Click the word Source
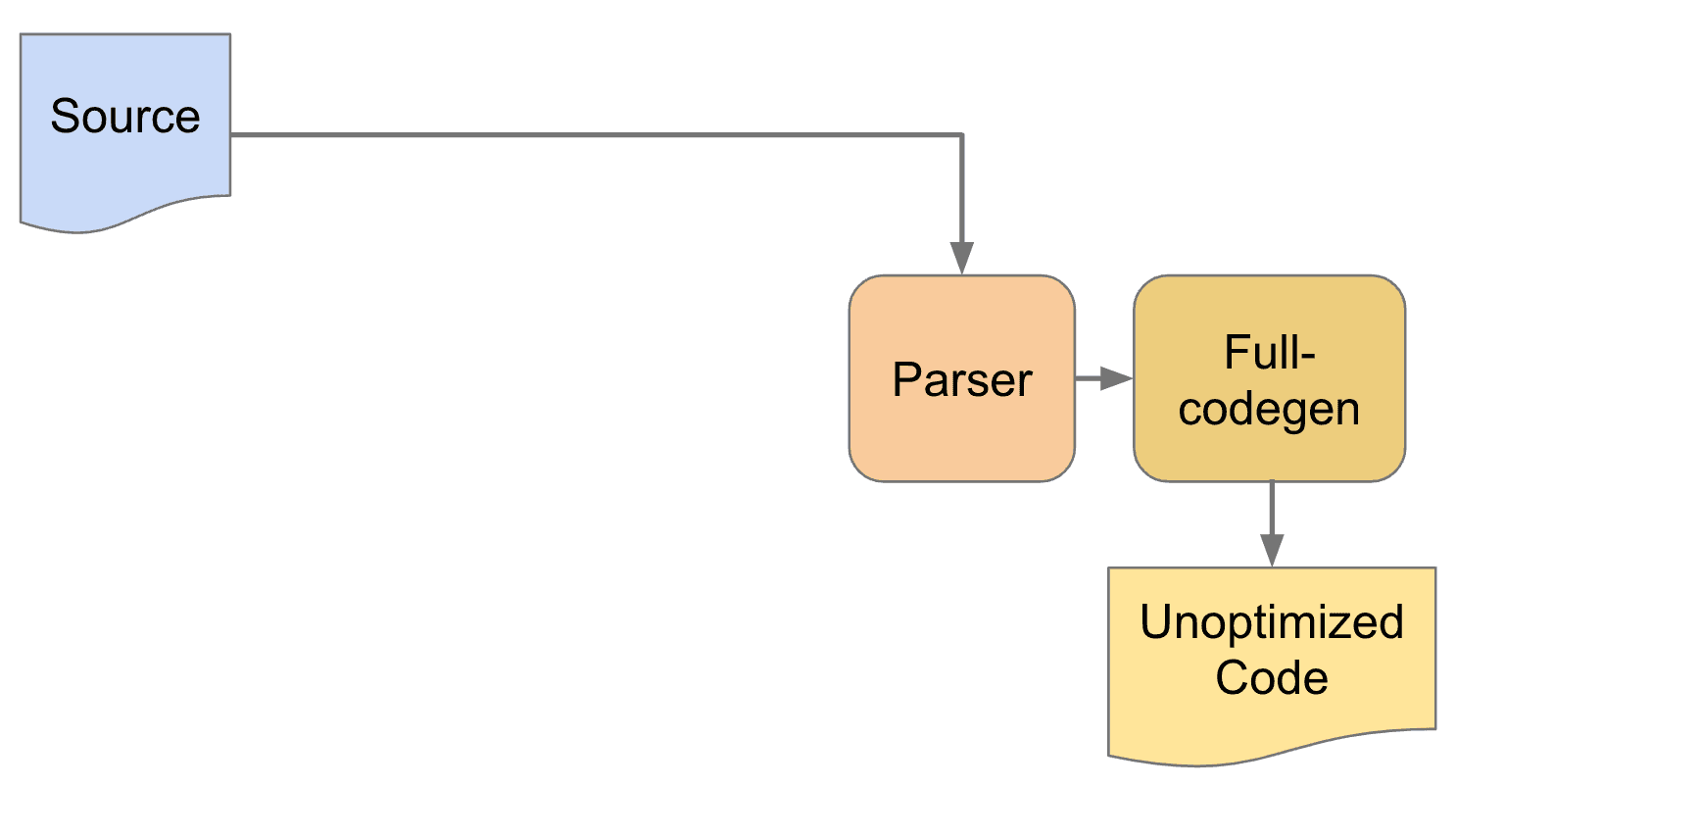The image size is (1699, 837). (x=125, y=117)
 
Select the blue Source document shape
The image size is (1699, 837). (x=125, y=127)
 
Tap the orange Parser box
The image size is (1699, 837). (x=962, y=378)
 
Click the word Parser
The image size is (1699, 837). (x=962, y=380)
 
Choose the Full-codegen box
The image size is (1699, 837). (x=1270, y=378)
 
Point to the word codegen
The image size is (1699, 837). (x=1269, y=410)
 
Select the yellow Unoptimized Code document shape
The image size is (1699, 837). (x=1272, y=662)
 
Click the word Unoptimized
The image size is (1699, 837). (x=1272, y=623)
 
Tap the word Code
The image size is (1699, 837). (x=1272, y=678)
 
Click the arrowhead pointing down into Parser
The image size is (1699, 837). (x=962, y=259)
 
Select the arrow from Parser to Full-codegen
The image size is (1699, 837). (x=1104, y=378)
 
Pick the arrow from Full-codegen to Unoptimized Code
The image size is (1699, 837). (x=1272, y=524)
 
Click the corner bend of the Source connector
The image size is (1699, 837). (x=962, y=134)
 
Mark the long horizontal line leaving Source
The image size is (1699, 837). (x=597, y=134)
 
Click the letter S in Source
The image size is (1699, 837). (x=65, y=117)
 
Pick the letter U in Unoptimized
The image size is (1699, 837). (x=1156, y=621)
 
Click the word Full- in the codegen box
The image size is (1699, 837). (x=1270, y=353)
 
